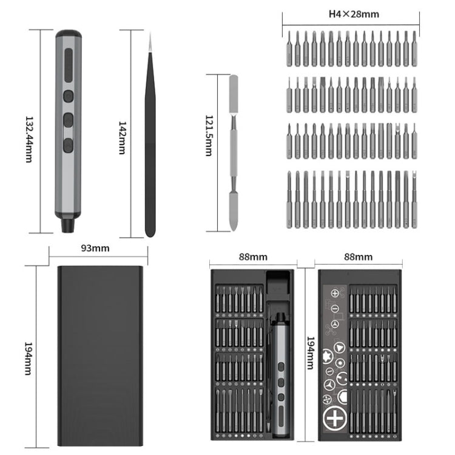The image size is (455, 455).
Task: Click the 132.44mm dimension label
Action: tap(29, 140)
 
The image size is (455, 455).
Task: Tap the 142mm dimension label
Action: tap(123, 138)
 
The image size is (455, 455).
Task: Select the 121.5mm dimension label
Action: tap(209, 136)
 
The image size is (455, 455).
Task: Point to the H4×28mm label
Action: tap(354, 14)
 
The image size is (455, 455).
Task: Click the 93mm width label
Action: tap(95, 248)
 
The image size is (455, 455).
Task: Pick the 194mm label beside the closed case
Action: tap(29, 359)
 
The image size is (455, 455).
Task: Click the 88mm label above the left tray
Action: tap(253, 257)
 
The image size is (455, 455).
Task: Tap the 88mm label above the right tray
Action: tap(358, 257)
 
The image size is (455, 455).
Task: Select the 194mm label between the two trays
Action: tap(311, 353)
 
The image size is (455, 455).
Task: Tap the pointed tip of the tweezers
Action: tap(150, 33)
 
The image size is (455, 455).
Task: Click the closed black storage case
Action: tap(100, 356)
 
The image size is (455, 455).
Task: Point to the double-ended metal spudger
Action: tap(234, 153)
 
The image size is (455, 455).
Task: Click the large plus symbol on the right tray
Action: tap(335, 418)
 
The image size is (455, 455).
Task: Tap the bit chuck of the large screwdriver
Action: tap(68, 226)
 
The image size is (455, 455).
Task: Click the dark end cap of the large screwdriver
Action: tap(69, 33)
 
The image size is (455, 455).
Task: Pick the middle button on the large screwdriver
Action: tap(69, 120)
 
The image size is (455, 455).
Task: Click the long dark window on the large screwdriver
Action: tap(69, 66)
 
